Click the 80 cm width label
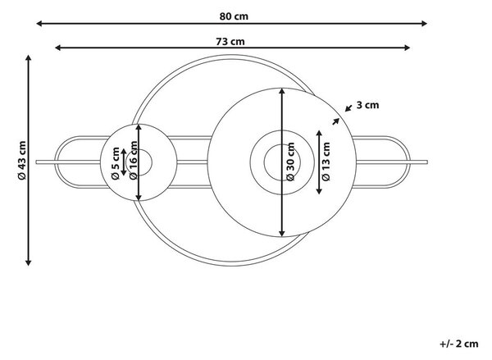coord(234,16)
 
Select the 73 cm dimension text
coord(230,42)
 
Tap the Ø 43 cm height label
coord(22,160)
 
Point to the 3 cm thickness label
coord(367,105)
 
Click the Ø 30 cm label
coord(291,162)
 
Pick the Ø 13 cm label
coord(326,162)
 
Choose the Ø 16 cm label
coord(134,160)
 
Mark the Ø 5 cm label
coord(116,163)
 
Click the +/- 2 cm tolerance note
coord(459,344)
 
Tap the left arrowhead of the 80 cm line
coord(38,23)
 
